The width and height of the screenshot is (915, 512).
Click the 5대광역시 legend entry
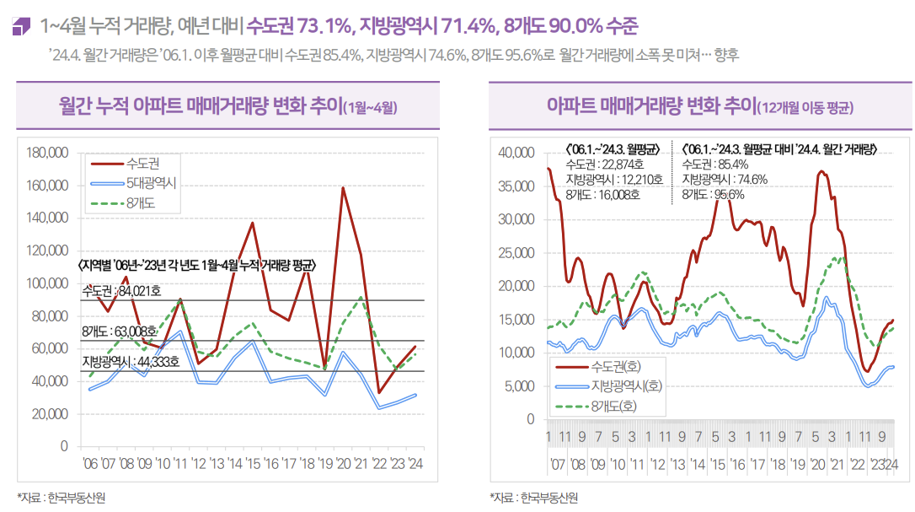pos(151,182)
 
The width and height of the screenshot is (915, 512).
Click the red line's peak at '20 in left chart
pos(343,187)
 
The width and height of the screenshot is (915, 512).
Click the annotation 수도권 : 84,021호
pos(121,292)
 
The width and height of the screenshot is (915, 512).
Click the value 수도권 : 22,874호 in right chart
pos(605,164)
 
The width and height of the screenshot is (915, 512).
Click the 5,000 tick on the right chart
pos(521,386)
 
